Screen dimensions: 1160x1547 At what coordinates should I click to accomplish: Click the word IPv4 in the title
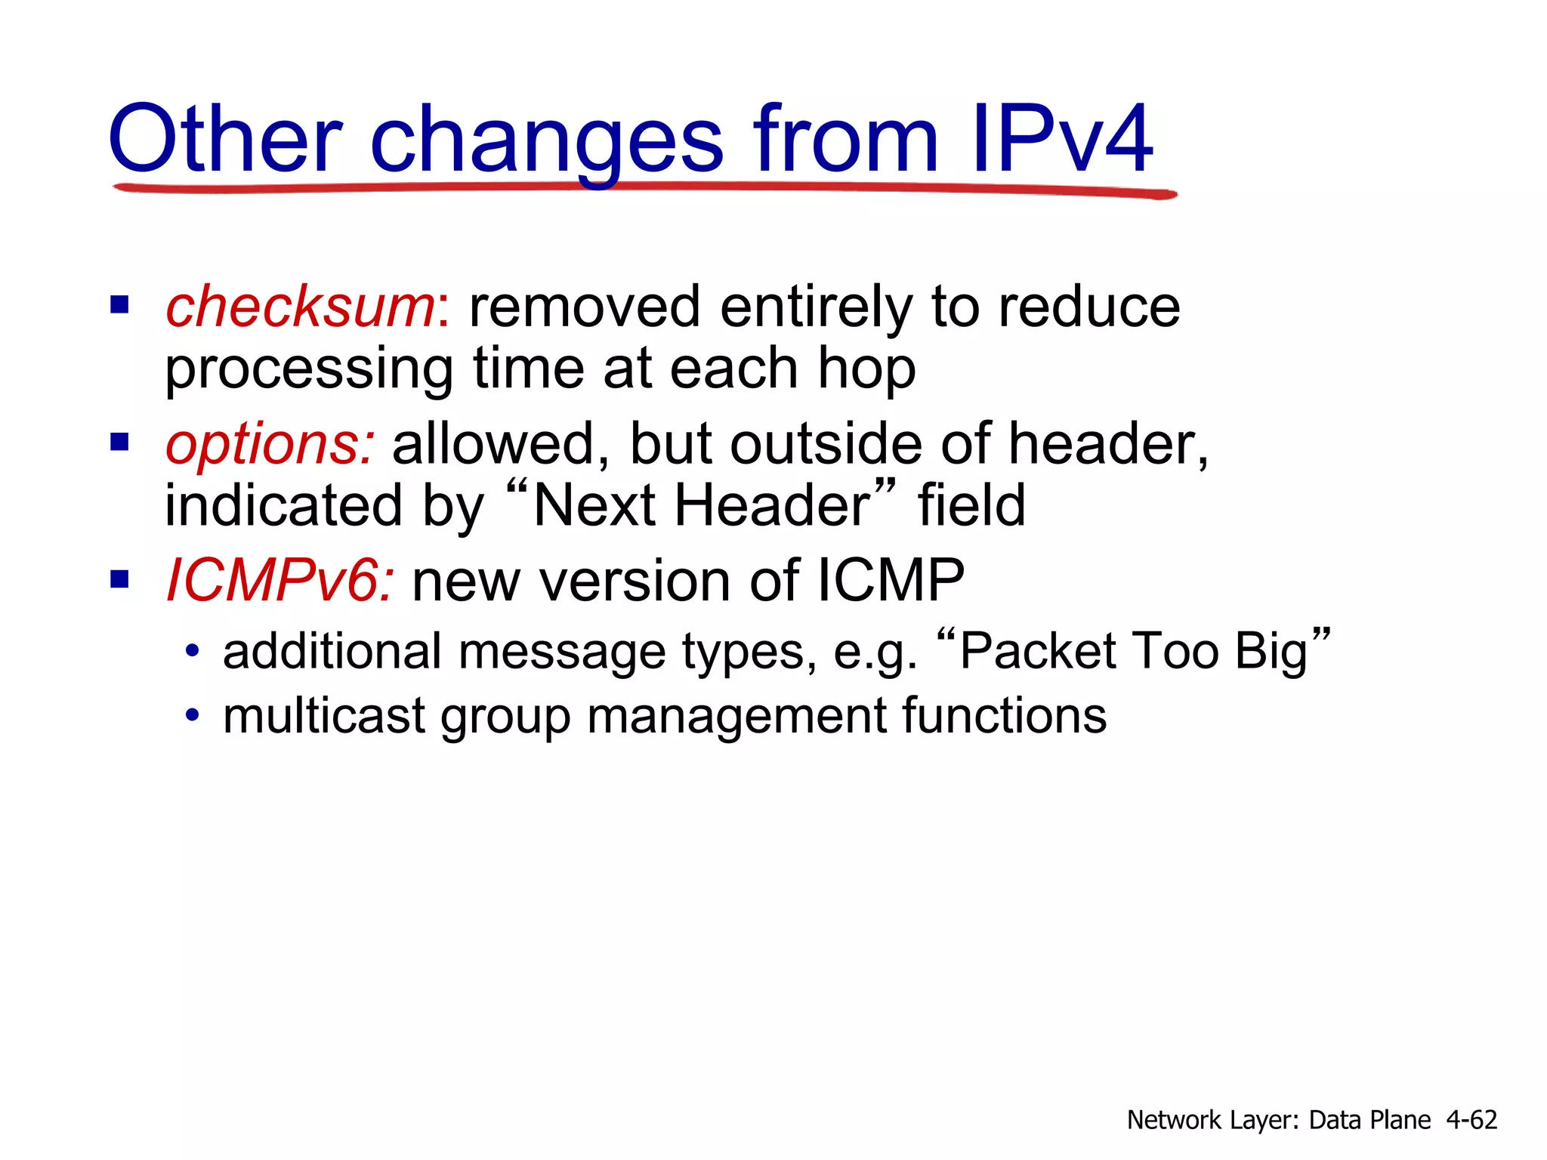click(x=1061, y=140)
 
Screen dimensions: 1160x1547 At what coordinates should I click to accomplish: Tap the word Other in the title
click(x=225, y=140)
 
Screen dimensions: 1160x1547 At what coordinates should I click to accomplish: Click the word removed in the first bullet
click(x=585, y=307)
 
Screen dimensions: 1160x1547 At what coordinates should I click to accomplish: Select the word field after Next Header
click(x=971, y=506)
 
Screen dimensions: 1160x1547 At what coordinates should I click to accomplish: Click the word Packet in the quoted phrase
click(x=1037, y=651)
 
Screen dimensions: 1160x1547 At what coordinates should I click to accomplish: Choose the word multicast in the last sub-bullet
click(x=324, y=715)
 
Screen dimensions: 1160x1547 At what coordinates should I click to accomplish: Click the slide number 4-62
click(x=1471, y=1119)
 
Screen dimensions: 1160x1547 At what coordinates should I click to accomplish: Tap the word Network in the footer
click(x=1174, y=1119)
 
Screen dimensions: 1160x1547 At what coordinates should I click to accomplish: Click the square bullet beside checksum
click(x=119, y=305)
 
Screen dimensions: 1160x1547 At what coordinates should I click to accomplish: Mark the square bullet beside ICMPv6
click(x=119, y=579)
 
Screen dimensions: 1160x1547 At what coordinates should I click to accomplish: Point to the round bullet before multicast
click(x=193, y=714)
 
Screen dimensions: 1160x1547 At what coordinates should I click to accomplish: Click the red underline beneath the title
click(x=642, y=187)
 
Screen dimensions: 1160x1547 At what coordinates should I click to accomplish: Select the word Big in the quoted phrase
click(x=1271, y=652)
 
